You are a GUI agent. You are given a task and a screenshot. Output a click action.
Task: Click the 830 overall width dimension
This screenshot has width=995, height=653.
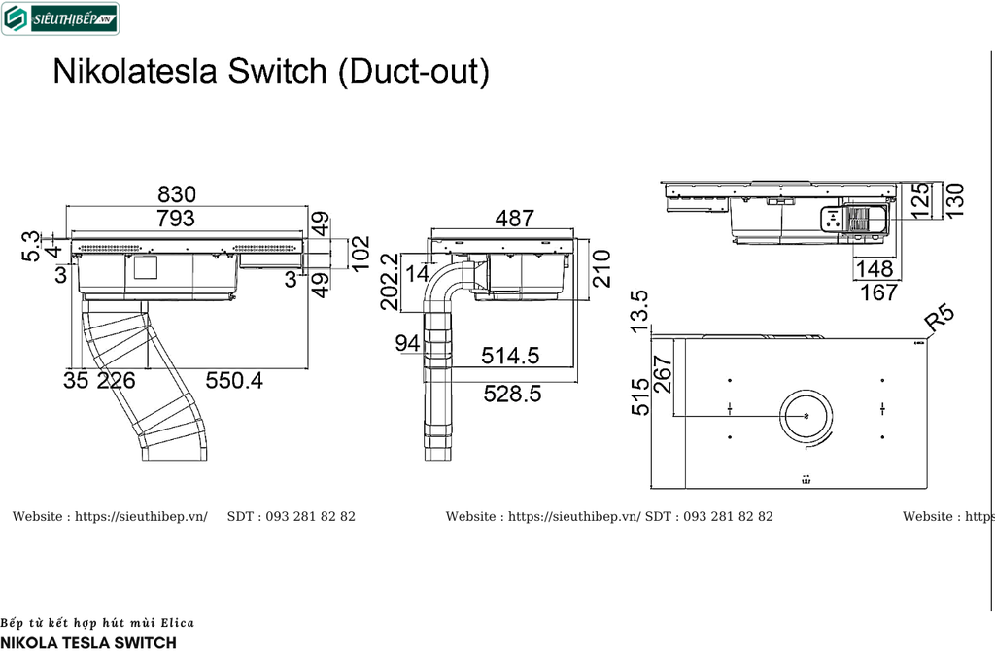[177, 194]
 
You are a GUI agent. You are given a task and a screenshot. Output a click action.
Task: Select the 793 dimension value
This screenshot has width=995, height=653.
[176, 219]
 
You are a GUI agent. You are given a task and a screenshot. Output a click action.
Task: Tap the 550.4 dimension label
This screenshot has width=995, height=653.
[233, 381]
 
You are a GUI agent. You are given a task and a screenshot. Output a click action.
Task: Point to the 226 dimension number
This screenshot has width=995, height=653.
[117, 381]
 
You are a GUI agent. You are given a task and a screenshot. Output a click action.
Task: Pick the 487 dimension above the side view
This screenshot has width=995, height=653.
[514, 219]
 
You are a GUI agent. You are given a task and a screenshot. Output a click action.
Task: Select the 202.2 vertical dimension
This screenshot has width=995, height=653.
[391, 282]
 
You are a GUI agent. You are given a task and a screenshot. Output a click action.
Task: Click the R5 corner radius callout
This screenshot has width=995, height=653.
[941, 319]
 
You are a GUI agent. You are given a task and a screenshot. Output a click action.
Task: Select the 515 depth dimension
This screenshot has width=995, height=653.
[639, 396]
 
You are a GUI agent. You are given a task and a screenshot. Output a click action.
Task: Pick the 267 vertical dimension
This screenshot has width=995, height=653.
[664, 373]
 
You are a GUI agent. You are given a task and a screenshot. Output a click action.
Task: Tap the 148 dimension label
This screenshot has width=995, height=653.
[875, 268]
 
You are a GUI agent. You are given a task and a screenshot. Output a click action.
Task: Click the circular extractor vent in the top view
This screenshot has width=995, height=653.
[805, 417]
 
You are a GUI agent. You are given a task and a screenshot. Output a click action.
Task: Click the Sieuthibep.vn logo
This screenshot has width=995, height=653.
[60, 17]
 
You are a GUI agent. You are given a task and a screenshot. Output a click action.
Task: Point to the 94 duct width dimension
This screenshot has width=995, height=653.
[407, 342]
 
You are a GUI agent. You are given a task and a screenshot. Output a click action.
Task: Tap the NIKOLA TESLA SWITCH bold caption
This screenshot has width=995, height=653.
[88, 642]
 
